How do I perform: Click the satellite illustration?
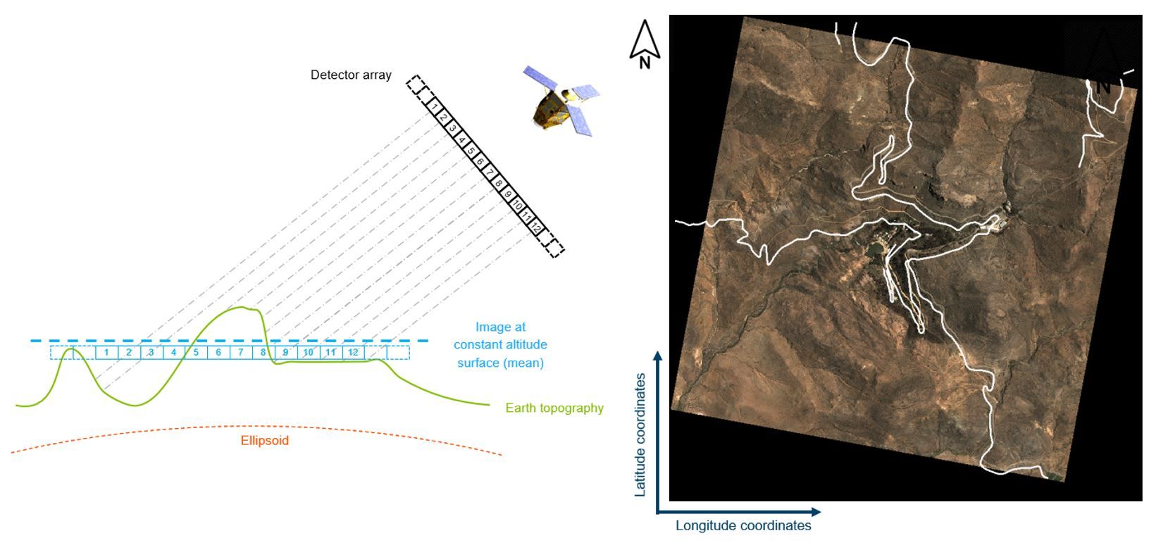click(561, 101)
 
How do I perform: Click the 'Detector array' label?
click(351, 75)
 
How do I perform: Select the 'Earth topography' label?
click(554, 408)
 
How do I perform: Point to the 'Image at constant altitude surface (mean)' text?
click(500, 345)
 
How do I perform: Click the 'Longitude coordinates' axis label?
click(743, 525)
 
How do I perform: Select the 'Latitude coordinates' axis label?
click(640, 435)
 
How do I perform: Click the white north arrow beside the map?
click(644, 42)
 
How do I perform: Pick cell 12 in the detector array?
click(537, 227)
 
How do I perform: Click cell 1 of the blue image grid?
click(106, 352)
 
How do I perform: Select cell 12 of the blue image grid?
click(354, 352)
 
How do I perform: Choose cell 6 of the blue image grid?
click(218, 352)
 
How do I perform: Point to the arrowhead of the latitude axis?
click(657, 356)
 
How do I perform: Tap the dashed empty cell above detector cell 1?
click(418, 86)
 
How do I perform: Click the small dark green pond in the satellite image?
click(874, 249)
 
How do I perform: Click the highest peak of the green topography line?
click(243, 307)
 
